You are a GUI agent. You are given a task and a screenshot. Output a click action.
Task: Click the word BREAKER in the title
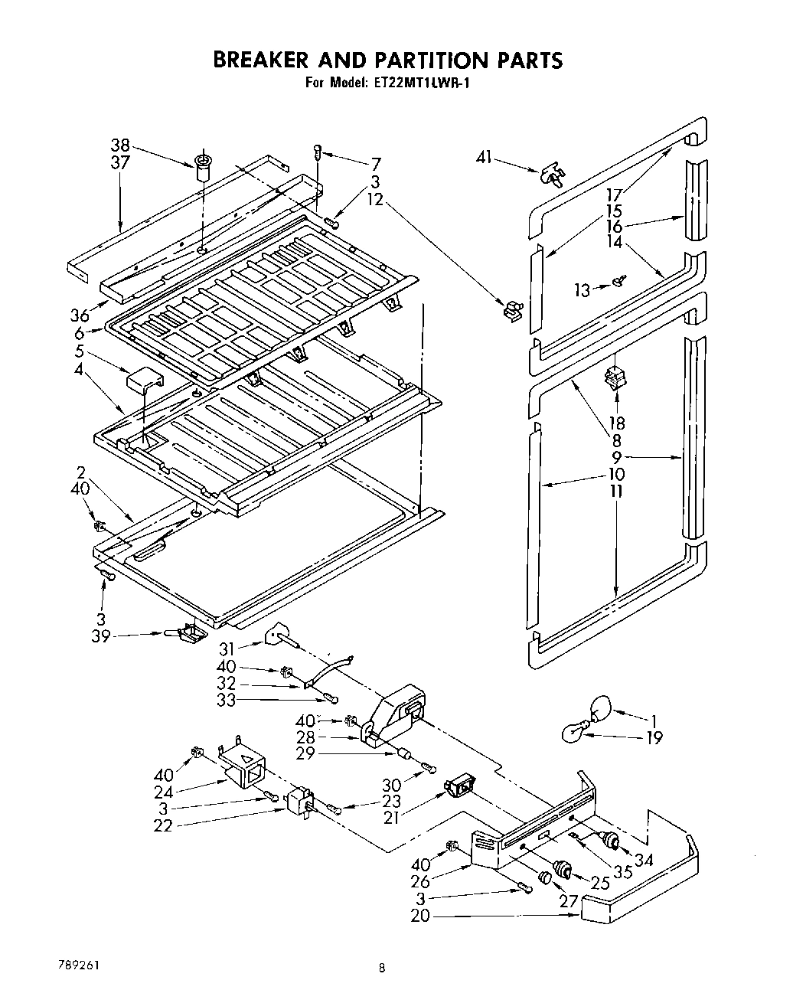(x=261, y=60)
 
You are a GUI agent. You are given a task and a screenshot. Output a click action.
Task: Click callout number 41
(x=483, y=158)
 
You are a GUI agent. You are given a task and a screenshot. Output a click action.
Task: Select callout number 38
(x=120, y=145)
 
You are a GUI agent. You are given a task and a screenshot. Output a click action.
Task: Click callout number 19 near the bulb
(x=653, y=737)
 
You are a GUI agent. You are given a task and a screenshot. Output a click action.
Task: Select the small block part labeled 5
(x=144, y=379)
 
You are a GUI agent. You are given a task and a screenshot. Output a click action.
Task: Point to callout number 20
(x=420, y=915)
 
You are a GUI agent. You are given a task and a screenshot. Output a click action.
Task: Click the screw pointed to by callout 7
(x=317, y=152)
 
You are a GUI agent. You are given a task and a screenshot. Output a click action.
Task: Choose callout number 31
(x=227, y=649)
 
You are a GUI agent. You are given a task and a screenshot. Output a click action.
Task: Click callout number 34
(x=644, y=860)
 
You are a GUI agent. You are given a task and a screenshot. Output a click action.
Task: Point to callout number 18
(x=617, y=423)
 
